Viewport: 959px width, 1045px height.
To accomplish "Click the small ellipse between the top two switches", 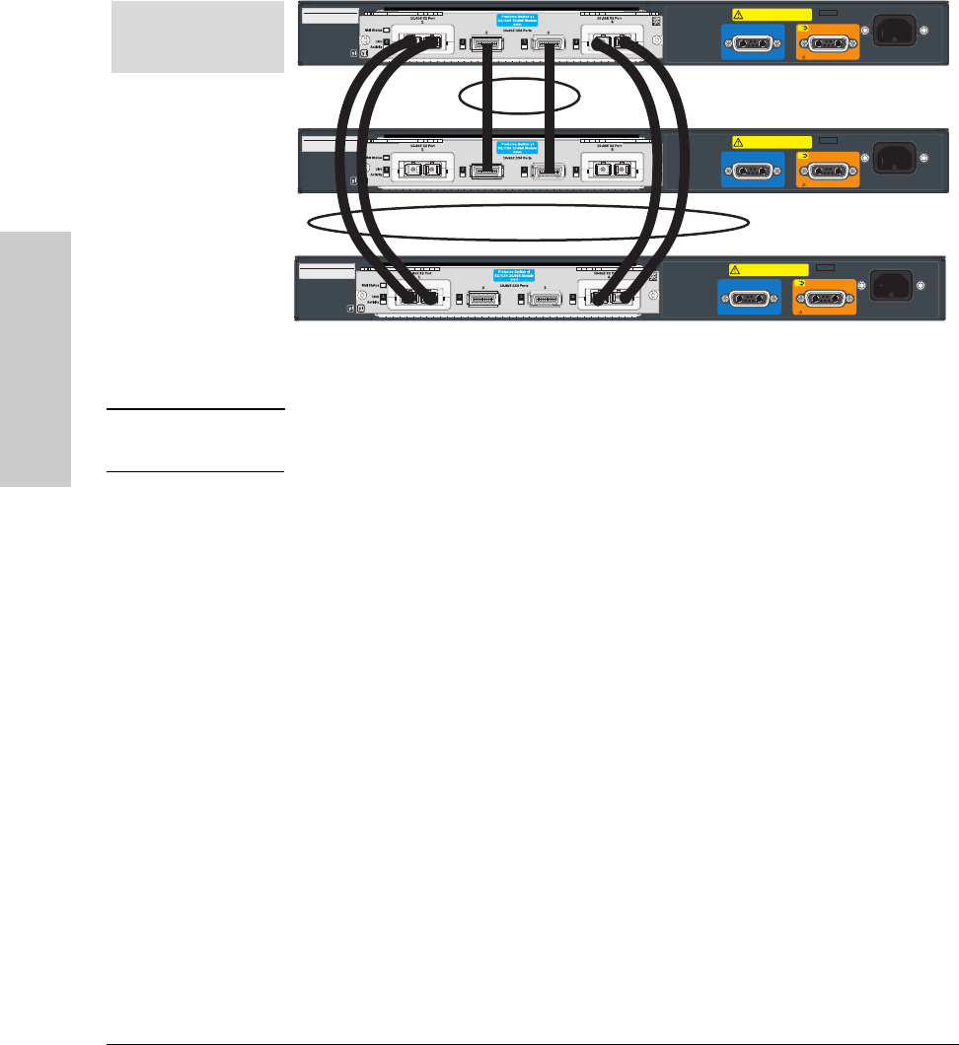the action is [520, 97].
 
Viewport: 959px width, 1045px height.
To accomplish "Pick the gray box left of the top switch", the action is [198, 36].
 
